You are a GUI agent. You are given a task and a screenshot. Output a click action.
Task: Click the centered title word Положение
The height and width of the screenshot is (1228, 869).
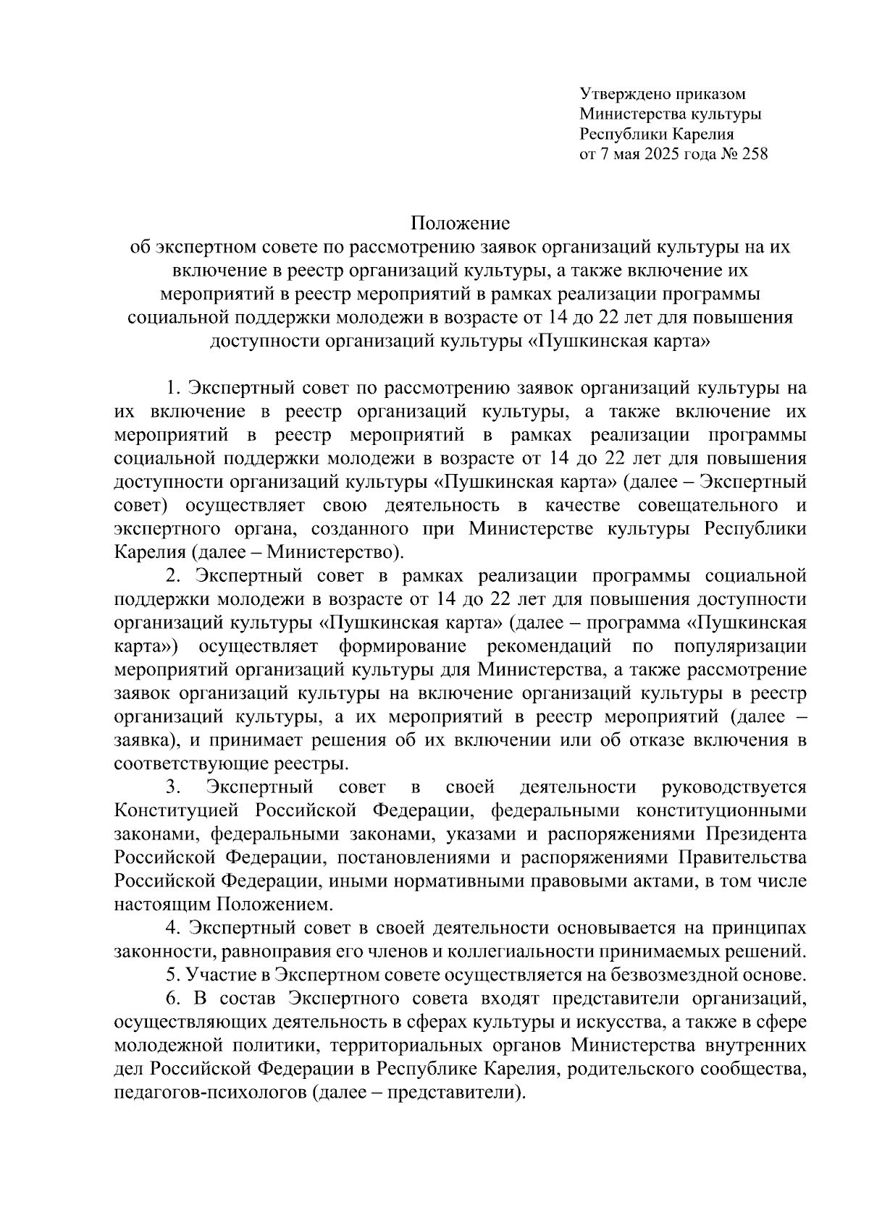461,222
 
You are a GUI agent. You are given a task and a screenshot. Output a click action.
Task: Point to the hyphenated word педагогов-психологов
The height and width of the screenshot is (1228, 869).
210,1093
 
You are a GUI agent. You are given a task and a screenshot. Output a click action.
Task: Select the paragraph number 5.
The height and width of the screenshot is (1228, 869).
171,975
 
